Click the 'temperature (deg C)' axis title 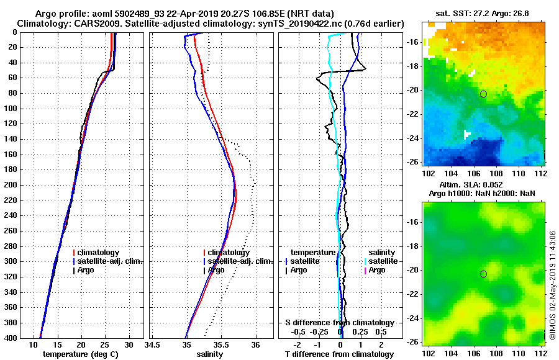80,354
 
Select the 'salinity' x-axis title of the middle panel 209,354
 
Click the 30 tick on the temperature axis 129,344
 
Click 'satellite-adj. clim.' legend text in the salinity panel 239,261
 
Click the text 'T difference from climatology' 339,354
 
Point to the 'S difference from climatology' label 339,323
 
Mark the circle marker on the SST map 483,94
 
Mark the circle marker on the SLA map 483,274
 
